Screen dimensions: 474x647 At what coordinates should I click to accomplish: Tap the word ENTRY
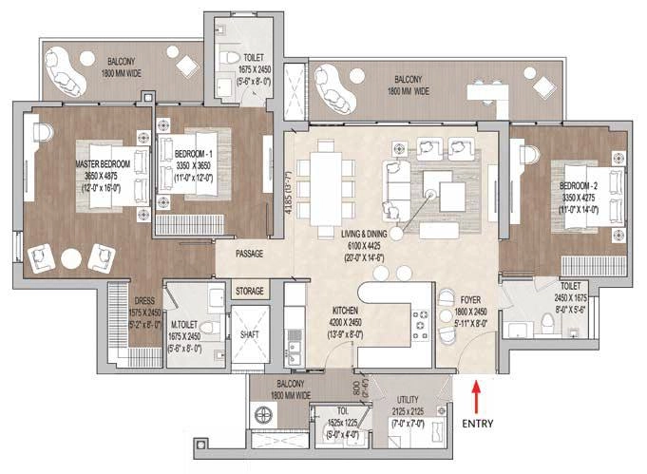click(x=478, y=418)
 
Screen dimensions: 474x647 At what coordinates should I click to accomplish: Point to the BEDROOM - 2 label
click(x=579, y=184)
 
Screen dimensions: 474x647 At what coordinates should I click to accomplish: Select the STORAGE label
click(x=250, y=292)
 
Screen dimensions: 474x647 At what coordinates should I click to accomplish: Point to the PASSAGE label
click(x=251, y=255)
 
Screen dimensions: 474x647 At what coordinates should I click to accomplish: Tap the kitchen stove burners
click(x=418, y=329)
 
